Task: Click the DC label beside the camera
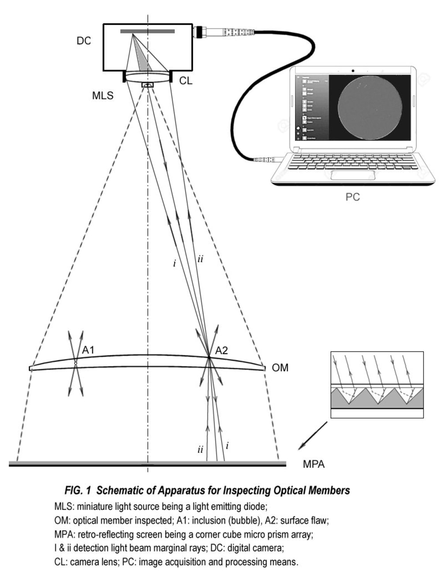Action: pos(84,41)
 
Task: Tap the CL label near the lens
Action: pos(186,81)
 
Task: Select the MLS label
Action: pos(103,96)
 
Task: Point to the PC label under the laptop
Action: pos(352,197)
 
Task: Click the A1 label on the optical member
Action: pos(88,350)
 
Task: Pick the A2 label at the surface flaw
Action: pos(221,351)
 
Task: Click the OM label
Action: pos(280,368)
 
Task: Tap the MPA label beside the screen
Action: pos(314,464)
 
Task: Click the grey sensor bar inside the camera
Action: pos(147,31)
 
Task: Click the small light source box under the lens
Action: pos(147,85)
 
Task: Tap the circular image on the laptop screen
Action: pos(370,107)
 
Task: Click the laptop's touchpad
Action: pos(353,175)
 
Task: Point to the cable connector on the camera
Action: pos(201,32)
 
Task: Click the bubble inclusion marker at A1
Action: pos(75,363)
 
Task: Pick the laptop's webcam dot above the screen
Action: pos(353,70)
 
